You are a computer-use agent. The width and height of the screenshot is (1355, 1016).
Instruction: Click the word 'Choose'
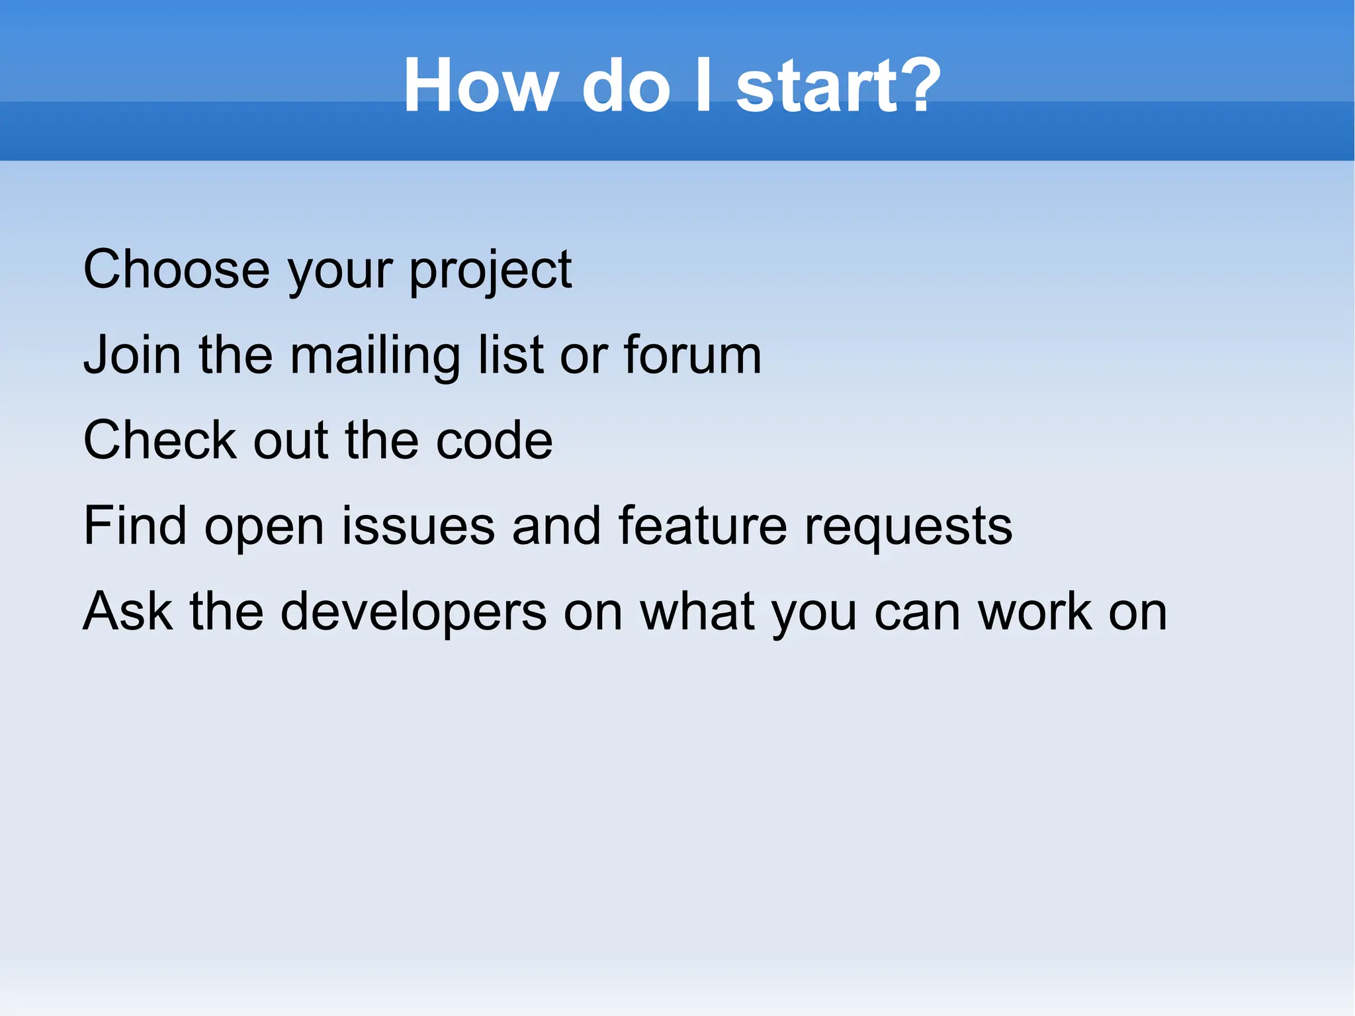(176, 269)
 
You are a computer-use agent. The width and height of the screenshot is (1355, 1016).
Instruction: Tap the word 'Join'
(132, 355)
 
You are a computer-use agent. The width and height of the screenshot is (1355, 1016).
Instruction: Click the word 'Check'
(159, 440)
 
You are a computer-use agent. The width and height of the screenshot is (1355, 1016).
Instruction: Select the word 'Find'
(135, 526)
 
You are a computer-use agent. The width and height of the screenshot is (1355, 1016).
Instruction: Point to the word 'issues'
(418, 526)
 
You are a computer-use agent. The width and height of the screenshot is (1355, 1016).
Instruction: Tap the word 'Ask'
(128, 611)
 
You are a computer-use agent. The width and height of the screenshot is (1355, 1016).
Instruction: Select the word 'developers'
(414, 612)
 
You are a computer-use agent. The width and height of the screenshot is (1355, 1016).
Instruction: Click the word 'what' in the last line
(698, 611)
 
